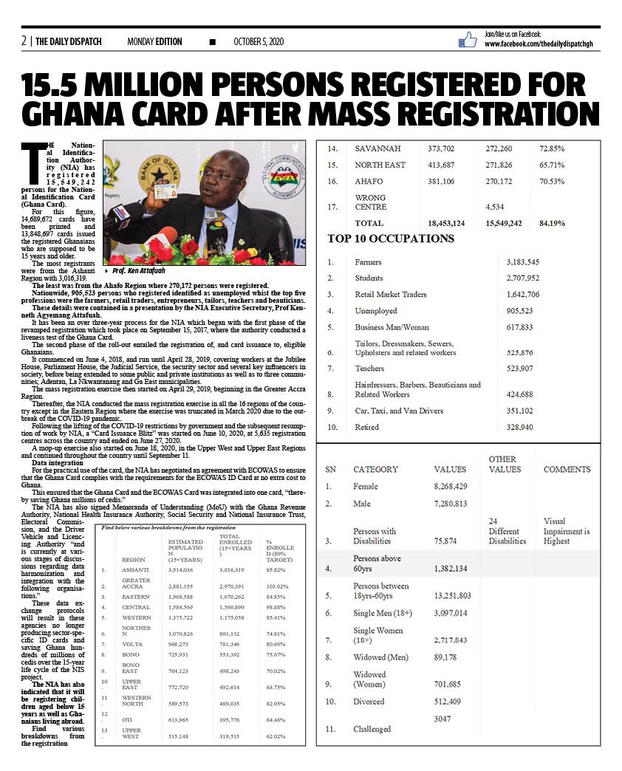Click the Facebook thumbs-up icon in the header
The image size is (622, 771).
(468, 40)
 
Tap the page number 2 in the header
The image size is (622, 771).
(24, 41)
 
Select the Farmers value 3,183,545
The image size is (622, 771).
(522, 262)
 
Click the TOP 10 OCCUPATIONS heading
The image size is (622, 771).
(391, 239)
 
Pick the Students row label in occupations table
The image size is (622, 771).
(369, 278)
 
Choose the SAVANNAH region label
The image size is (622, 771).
(377, 148)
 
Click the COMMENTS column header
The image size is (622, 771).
(567, 469)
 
